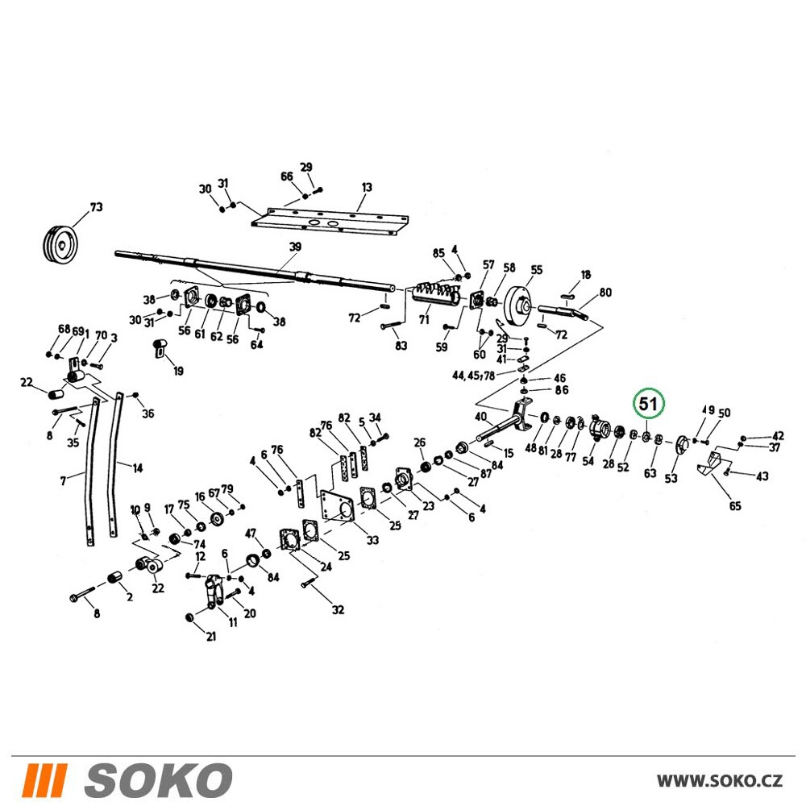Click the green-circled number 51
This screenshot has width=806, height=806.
[648, 404]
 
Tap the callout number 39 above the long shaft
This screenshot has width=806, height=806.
[295, 247]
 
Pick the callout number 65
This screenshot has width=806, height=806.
[735, 506]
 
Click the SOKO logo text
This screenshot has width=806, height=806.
[158, 780]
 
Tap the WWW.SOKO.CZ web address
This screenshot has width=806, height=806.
[719, 780]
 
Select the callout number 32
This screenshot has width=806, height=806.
[337, 609]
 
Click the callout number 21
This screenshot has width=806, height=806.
[210, 637]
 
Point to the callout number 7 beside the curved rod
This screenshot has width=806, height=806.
[63, 481]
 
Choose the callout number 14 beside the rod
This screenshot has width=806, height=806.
[137, 467]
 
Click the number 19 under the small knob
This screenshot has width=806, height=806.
[178, 371]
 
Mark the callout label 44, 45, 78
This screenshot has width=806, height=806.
[473, 376]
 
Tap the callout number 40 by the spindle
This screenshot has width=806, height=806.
[480, 417]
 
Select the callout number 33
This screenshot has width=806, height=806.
[372, 540]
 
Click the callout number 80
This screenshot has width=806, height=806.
[605, 292]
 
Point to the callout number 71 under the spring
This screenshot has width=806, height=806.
[424, 319]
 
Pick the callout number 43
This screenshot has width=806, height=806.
[762, 476]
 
